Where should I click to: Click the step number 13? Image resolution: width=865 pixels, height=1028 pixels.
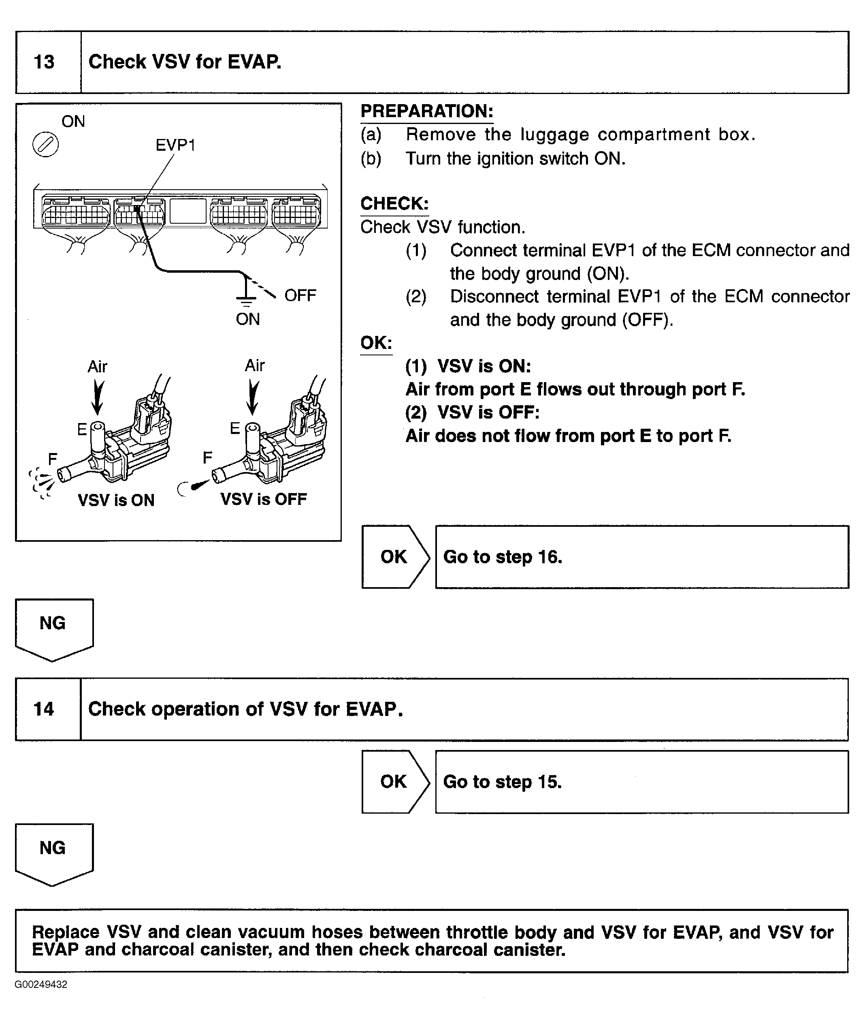point(44,62)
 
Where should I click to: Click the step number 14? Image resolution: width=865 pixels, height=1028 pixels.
point(44,709)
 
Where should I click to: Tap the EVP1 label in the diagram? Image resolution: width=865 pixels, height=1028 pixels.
point(175,145)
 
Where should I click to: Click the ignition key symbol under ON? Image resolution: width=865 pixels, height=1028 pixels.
point(46,145)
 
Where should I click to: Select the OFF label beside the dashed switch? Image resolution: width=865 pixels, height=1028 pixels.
point(300,295)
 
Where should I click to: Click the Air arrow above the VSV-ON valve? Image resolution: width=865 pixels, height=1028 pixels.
point(98,398)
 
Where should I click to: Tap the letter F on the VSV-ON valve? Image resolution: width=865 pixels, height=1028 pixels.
point(53,459)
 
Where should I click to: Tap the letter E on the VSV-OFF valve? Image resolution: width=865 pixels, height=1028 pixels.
point(235,428)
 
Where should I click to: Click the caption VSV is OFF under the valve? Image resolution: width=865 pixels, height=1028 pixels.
point(263,499)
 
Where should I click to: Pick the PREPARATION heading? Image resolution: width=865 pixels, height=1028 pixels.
point(426,111)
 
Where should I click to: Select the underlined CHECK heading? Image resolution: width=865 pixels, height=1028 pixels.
point(394,204)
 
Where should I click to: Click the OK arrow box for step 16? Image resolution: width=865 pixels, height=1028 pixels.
point(395,557)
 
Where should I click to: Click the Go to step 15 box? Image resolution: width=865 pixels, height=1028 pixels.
point(641,782)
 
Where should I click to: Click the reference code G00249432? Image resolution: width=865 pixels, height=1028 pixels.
point(41,984)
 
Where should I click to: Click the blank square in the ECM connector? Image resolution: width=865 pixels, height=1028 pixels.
point(188,211)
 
